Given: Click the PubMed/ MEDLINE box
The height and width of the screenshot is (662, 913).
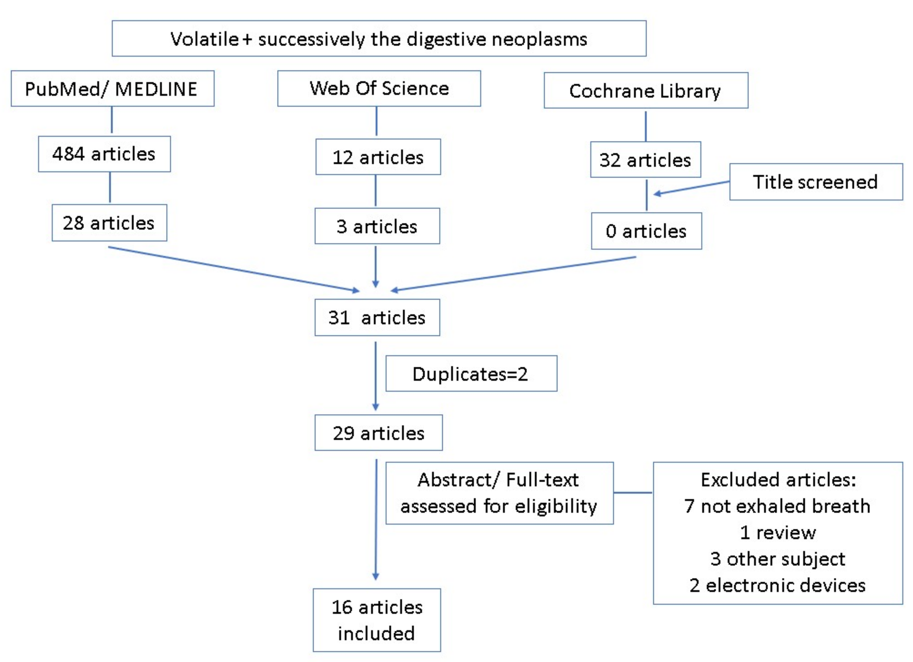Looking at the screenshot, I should pyautogui.click(x=112, y=89).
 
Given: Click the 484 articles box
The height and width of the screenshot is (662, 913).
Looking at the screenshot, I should pyautogui.click(x=104, y=154).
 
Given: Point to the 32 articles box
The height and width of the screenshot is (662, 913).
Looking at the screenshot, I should pyautogui.click(x=645, y=160).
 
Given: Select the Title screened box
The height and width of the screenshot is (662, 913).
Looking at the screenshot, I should pyautogui.click(x=816, y=182).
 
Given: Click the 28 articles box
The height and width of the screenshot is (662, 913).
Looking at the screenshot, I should pyautogui.click(x=109, y=223).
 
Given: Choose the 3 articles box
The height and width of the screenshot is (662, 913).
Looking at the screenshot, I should pyautogui.click(x=377, y=226).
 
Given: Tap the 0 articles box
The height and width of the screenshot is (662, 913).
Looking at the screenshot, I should pyautogui.click(x=646, y=231).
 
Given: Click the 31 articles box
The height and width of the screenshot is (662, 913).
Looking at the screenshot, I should pyautogui.click(x=377, y=317).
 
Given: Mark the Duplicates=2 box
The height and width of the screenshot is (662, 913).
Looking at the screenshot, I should pyautogui.click(x=471, y=374).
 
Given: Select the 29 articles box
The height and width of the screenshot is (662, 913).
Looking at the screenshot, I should pyautogui.click(x=378, y=433).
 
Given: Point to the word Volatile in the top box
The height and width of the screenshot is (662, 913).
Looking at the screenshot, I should pyautogui.click(x=204, y=39).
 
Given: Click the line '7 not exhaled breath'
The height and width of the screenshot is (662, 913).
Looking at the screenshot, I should pyautogui.click(x=777, y=506).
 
